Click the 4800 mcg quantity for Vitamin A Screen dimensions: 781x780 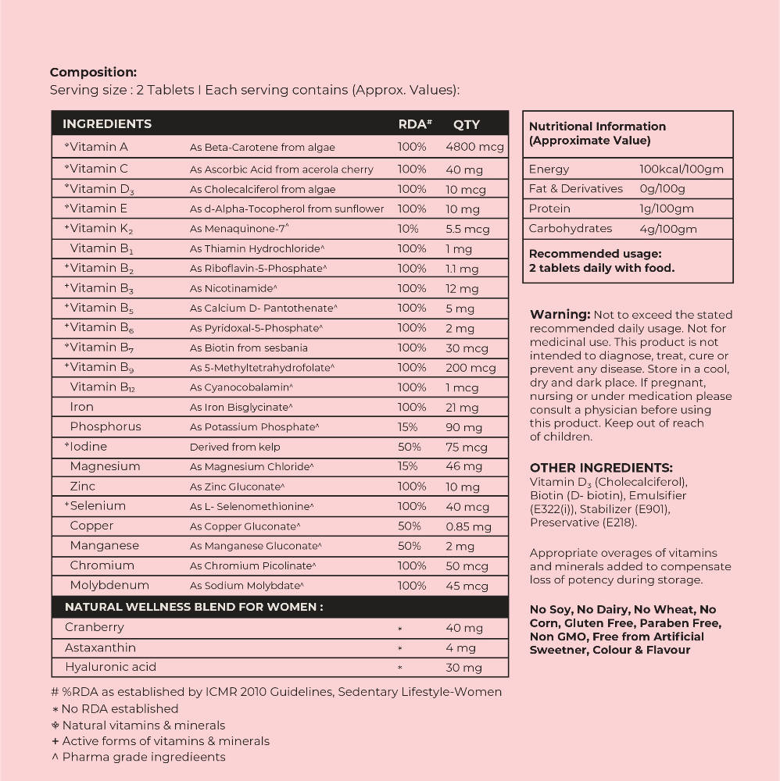coord(474,148)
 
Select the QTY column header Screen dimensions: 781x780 coord(467,124)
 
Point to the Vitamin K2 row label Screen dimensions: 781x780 coord(99,229)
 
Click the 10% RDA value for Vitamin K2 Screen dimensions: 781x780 coord(408,229)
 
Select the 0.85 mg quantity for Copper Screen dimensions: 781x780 coord(469,526)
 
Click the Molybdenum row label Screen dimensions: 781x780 coord(109,586)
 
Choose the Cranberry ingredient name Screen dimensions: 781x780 coord(95,628)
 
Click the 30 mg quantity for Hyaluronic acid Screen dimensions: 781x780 coord(464,668)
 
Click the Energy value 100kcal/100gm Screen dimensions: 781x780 coord(682,169)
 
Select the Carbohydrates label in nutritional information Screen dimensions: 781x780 coord(571,229)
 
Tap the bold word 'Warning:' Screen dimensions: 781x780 coord(560,314)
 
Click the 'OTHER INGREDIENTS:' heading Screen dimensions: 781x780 coord(601,468)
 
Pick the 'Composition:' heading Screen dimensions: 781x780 coord(93,73)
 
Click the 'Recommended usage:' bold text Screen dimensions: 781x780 coord(595,254)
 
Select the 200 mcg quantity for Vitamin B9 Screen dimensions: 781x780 coord(471,368)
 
